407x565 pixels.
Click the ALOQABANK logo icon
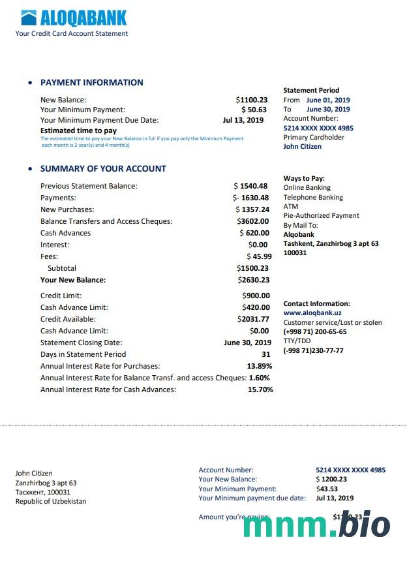(x=29, y=18)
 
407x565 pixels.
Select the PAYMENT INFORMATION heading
(x=92, y=83)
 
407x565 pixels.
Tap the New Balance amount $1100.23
(x=252, y=100)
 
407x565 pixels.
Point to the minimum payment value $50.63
(x=254, y=110)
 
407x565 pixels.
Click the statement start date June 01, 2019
(x=328, y=100)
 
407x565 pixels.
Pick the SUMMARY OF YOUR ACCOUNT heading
(x=103, y=168)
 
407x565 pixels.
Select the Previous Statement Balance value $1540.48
(x=251, y=186)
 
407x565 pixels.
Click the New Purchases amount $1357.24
(x=252, y=209)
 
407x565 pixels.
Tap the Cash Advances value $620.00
(x=254, y=233)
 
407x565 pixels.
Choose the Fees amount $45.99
(x=259, y=256)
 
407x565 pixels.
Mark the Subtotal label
(x=62, y=268)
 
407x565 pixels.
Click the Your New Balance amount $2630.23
(x=254, y=280)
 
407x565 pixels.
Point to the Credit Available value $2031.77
(x=253, y=319)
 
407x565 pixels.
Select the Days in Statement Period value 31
(x=265, y=354)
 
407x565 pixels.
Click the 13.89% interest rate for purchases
(x=260, y=366)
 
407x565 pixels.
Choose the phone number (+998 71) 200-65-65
(x=315, y=331)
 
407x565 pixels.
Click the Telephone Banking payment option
(x=313, y=197)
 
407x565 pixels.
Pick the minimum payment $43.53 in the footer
(x=327, y=489)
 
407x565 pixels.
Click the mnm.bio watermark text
(x=317, y=526)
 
